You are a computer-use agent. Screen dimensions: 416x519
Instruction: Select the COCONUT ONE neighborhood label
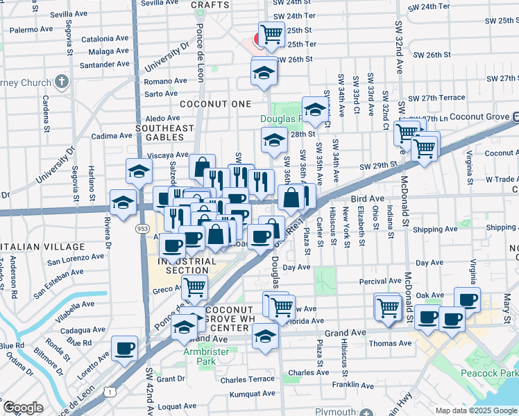(x=215, y=103)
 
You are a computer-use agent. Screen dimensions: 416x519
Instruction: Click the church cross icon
(x=62, y=82)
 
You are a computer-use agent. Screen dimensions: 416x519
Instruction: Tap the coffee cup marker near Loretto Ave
(x=124, y=347)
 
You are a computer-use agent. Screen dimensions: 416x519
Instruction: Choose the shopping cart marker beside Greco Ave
(x=195, y=286)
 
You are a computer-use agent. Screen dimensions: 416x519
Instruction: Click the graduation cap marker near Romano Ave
(x=264, y=71)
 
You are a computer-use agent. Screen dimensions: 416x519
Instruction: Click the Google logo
(x=23, y=408)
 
